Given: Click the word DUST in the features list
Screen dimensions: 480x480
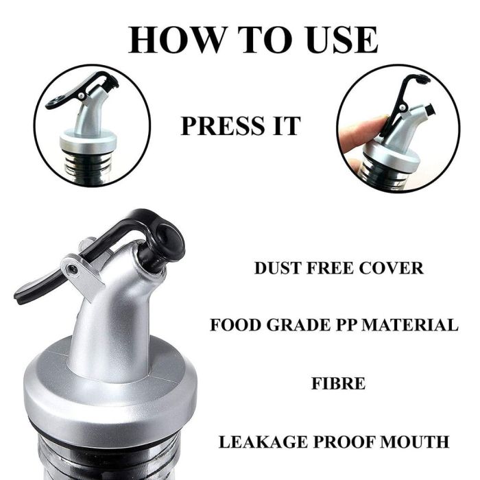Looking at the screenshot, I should (x=279, y=268).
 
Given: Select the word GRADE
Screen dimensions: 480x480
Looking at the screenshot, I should (x=302, y=324).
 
